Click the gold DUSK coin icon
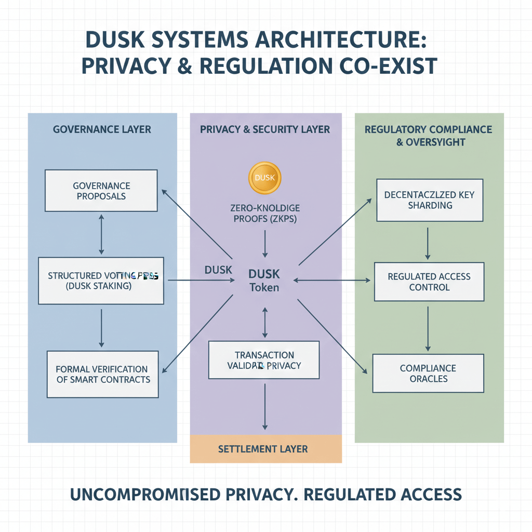tap(265, 178)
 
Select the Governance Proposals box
tap(101, 191)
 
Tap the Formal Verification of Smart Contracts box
tap(103, 374)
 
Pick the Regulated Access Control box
tap(429, 282)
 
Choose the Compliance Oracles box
tap(428, 373)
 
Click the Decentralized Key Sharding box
tap(430, 200)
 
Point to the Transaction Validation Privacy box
tap(264, 360)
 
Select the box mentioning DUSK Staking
tap(101, 281)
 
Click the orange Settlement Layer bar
tap(265, 449)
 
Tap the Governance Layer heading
tap(102, 129)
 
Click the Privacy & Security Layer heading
tap(265, 129)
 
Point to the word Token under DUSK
tap(264, 287)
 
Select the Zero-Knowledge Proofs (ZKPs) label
tap(264, 213)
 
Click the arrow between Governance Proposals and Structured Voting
tap(101, 234)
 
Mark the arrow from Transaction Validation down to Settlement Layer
tap(265, 406)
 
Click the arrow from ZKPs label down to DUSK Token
tap(265, 243)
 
